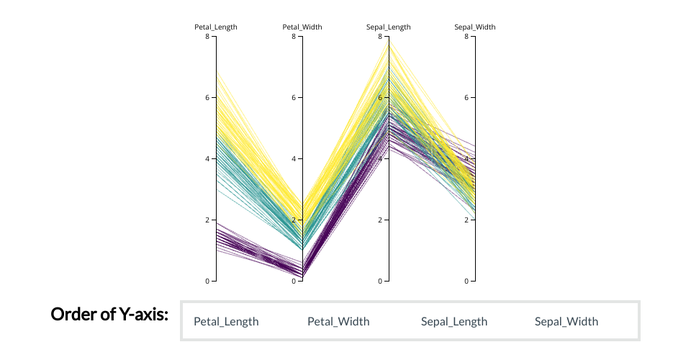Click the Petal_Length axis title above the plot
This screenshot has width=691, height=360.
tap(216, 27)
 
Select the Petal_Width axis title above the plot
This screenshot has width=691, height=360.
tap(302, 27)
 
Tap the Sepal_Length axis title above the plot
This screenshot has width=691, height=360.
tap(389, 27)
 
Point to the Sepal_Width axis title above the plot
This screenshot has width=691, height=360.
tap(475, 27)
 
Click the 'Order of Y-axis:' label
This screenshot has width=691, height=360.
tap(109, 315)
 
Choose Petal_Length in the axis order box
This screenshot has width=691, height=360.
tap(226, 322)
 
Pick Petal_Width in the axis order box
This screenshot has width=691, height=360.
tap(338, 322)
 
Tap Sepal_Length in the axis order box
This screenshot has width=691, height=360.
tap(454, 322)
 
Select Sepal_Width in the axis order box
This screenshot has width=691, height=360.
tap(566, 322)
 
